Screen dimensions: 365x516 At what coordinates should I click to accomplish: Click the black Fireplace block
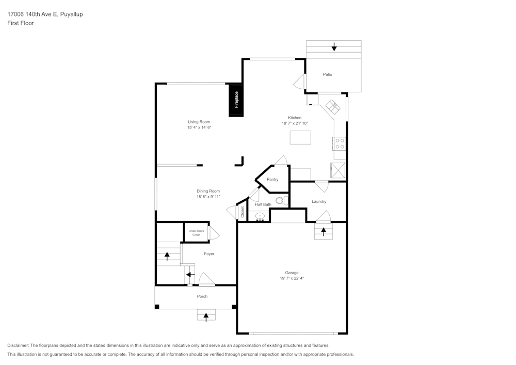click(x=236, y=100)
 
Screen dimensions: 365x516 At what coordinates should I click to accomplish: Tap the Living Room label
click(x=199, y=122)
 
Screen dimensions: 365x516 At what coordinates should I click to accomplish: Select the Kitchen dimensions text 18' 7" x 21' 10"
click(x=295, y=123)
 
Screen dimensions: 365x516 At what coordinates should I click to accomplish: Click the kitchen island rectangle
click(x=300, y=137)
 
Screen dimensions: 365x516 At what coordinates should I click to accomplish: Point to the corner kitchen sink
click(x=332, y=107)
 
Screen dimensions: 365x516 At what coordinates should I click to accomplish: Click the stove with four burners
click(x=340, y=143)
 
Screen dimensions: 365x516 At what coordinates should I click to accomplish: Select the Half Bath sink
click(x=261, y=216)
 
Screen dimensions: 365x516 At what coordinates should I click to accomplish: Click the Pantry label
click(x=272, y=180)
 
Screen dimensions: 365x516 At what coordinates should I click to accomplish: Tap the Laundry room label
click(x=318, y=201)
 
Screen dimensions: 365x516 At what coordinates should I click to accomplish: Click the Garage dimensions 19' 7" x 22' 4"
click(x=292, y=278)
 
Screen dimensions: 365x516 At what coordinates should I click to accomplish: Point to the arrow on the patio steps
click(x=334, y=47)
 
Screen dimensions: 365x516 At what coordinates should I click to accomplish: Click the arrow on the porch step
click(x=206, y=316)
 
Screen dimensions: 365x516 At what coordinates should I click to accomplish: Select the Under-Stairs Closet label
click(x=196, y=233)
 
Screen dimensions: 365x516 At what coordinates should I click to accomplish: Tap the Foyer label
click(x=209, y=254)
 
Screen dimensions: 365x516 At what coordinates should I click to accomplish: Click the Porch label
click(x=202, y=296)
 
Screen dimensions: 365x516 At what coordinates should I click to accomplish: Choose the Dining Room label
click(x=208, y=191)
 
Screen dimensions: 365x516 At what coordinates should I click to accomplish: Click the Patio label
click(x=327, y=74)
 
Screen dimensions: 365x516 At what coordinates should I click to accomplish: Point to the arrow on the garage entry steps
click(x=324, y=231)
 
